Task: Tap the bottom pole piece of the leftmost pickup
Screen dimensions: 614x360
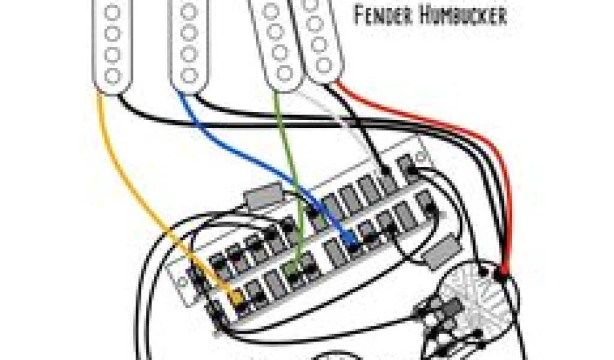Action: pos(112,75)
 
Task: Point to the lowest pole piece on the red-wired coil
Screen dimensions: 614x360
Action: pos(324,64)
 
